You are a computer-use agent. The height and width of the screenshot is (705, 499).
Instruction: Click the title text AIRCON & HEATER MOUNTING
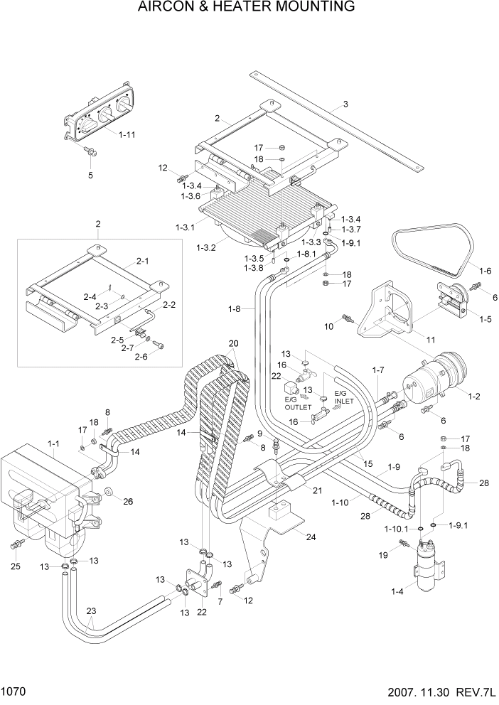[x=249, y=8]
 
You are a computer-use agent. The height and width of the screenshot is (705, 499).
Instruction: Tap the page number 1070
[x=14, y=692]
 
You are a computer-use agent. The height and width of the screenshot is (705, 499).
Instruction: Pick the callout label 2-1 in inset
[x=142, y=261]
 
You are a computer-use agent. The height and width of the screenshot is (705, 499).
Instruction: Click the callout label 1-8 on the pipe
[x=235, y=308]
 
